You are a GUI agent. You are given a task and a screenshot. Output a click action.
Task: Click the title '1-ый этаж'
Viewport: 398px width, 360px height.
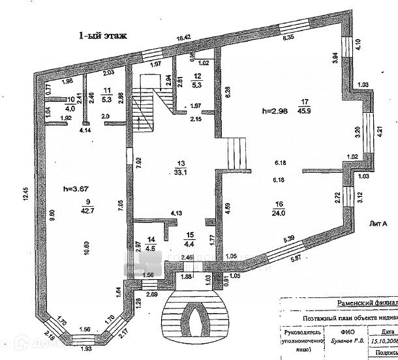pyautogui.click(x=103, y=36)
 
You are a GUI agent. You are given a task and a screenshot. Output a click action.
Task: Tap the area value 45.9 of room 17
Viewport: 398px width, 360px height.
pyautogui.click(x=304, y=111)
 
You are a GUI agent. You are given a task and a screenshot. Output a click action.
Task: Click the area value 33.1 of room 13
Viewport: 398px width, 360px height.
pyautogui.click(x=181, y=172)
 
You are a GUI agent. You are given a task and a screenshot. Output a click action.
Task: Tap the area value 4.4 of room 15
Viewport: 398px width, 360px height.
pyautogui.click(x=189, y=245)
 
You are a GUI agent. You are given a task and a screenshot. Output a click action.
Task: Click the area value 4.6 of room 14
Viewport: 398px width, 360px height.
pyautogui.click(x=150, y=247)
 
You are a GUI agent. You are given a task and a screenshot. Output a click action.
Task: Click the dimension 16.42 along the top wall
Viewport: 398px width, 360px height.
pyautogui.click(x=187, y=38)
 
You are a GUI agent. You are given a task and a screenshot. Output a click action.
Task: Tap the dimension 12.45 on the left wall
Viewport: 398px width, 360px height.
pyautogui.click(x=25, y=195)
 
